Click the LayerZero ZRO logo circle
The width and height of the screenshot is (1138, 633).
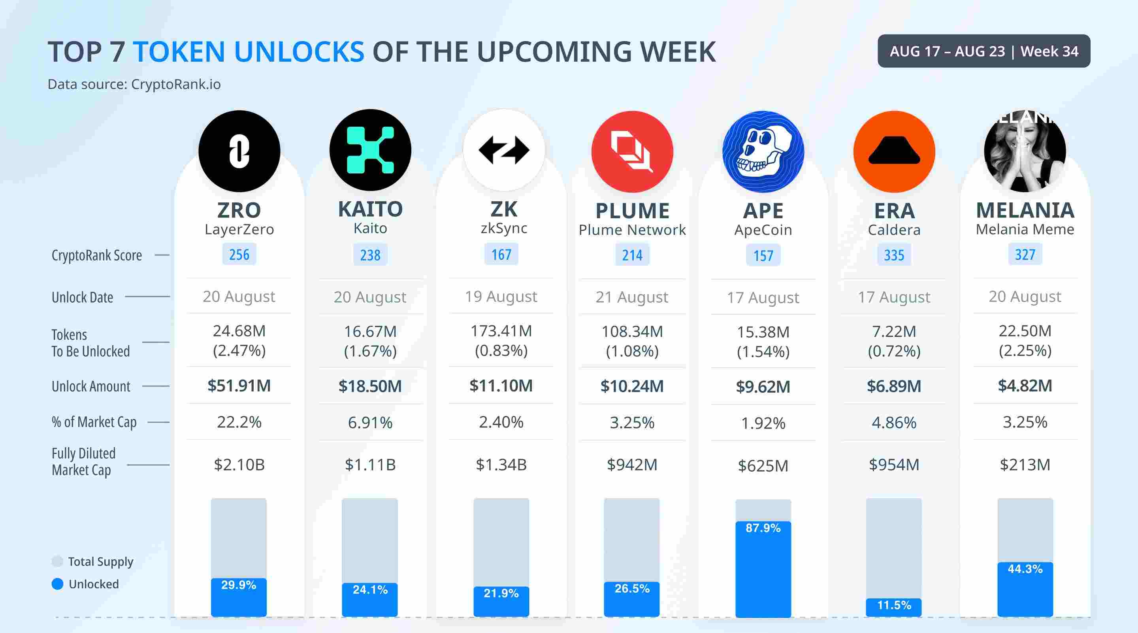pyautogui.click(x=239, y=151)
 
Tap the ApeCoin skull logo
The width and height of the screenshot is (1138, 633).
pyautogui.click(x=763, y=151)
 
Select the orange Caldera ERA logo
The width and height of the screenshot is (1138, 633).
pyautogui.click(x=894, y=151)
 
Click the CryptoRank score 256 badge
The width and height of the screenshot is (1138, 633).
pyautogui.click(x=239, y=255)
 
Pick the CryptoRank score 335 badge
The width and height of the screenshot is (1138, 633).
pyautogui.click(x=894, y=255)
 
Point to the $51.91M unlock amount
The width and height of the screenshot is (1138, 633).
pyautogui.click(x=239, y=385)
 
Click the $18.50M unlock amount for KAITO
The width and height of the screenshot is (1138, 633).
pyautogui.click(x=370, y=386)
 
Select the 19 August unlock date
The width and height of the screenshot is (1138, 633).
pyautogui.click(x=501, y=296)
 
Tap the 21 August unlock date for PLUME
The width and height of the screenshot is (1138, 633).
pyautogui.click(x=632, y=297)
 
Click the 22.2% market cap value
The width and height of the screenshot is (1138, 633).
pyautogui.click(x=239, y=422)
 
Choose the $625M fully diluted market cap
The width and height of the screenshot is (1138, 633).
pyautogui.click(x=763, y=465)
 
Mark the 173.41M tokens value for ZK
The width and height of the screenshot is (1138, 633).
pyautogui.click(x=501, y=331)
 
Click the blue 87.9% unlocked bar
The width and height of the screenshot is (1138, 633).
pyautogui.click(x=763, y=569)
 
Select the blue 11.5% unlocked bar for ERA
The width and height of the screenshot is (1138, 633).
pyautogui.click(x=894, y=607)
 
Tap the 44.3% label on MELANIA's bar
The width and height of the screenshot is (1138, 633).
pyautogui.click(x=1025, y=569)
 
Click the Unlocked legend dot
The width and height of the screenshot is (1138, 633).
pyautogui.click(x=57, y=584)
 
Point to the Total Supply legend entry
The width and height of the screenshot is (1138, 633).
pyautogui.click(x=92, y=561)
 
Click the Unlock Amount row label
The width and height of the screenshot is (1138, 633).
pyautogui.click(x=91, y=386)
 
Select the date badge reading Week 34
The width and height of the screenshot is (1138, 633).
pyautogui.click(x=984, y=51)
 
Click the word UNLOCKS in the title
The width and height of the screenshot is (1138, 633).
pyautogui.click(x=299, y=52)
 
